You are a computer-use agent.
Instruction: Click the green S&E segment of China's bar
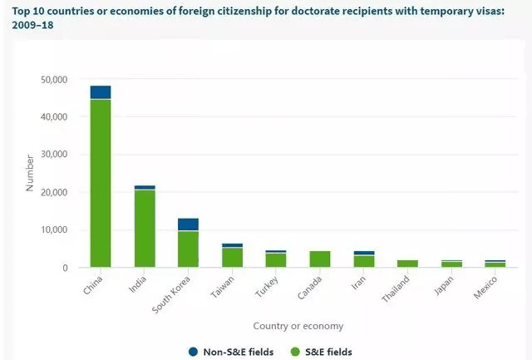point(101,183)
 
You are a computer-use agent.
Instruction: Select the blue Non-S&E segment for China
point(101,92)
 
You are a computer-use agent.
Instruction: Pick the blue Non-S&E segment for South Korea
point(189,224)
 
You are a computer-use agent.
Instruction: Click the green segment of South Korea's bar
point(189,249)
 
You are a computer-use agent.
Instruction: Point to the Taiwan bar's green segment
point(233,258)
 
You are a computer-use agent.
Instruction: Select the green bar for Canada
point(320,259)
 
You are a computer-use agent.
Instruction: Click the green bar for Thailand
point(407,264)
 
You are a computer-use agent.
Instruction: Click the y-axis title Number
point(30,172)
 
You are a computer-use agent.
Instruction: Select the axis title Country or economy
point(298,326)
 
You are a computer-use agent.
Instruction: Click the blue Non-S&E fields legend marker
point(193,352)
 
